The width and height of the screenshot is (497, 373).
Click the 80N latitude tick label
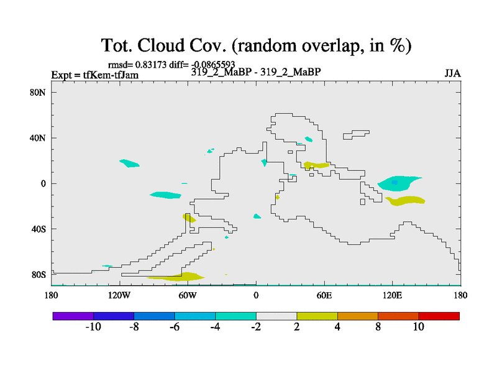(x=38, y=93)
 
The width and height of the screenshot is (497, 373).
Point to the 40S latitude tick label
(x=39, y=229)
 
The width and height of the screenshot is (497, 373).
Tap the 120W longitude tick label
(x=119, y=296)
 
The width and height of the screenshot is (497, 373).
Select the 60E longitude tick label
(x=324, y=296)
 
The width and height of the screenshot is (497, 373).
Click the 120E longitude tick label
(x=393, y=296)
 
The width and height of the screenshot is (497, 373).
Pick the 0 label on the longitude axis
(x=256, y=296)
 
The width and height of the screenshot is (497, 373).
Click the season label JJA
(x=452, y=73)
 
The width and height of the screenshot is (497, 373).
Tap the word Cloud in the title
(x=161, y=45)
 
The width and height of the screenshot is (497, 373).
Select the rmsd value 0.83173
(x=151, y=65)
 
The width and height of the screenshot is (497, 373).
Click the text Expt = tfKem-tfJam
(x=95, y=75)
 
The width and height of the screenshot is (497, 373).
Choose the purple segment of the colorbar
(x=73, y=316)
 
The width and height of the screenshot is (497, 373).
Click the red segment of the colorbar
(x=439, y=316)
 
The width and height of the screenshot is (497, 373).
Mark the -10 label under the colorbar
(x=93, y=327)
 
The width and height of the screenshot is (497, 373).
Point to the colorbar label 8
(x=378, y=327)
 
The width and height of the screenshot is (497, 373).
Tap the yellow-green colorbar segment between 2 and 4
(x=317, y=316)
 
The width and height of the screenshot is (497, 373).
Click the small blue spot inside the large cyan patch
(x=394, y=182)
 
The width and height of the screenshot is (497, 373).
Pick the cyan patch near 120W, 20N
(x=129, y=163)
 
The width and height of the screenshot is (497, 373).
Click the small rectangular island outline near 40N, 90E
(x=356, y=134)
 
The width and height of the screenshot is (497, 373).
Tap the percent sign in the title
(x=398, y=45)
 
